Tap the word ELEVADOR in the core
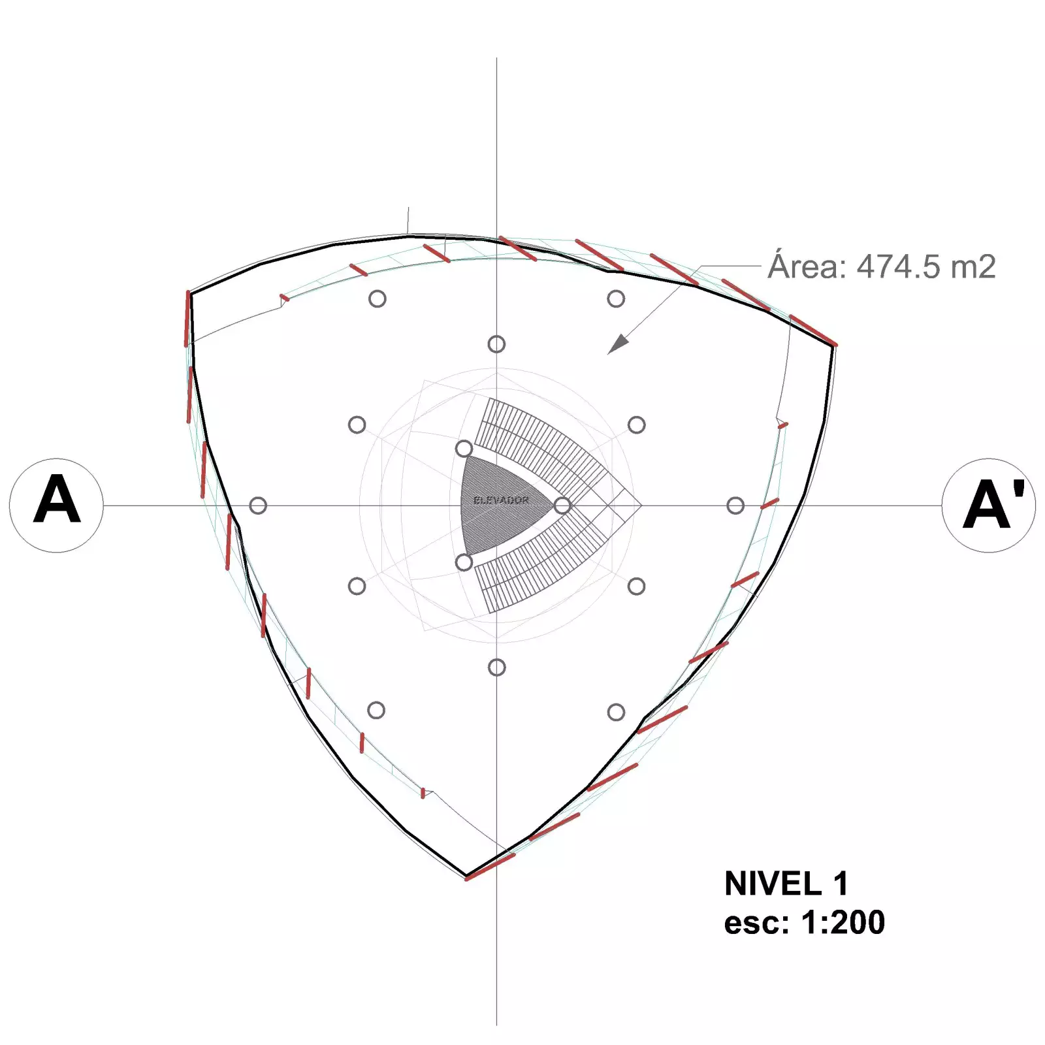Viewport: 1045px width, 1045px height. (501, 500)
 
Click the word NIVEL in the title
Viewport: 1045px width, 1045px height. (773, 884)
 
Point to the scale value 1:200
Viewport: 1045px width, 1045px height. (843, 922)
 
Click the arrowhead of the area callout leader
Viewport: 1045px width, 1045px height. (618, 344)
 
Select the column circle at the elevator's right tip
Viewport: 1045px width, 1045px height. (562, 505)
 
